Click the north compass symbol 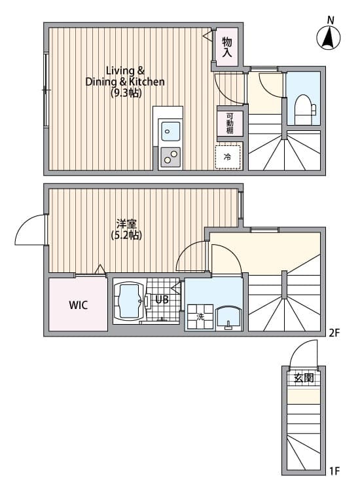point(329,37)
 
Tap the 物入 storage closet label point(227,47)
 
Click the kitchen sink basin point(171,131)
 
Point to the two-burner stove point(171,157)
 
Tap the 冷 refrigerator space point(228,157)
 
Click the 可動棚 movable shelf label point(230,123)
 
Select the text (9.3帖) point(126,93)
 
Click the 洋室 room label point(126,224)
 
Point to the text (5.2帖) point(126,235)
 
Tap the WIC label point(79,305)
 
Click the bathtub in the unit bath point(129,300)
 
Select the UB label point(162,300)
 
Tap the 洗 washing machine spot point(200,317)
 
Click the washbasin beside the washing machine point(228,318)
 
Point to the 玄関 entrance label point(304,378)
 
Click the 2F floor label point(334,332)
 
